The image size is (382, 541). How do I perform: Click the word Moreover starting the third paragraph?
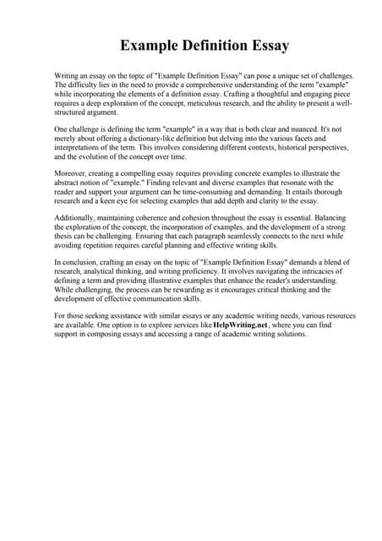pyautogui.click(x=72, y=174)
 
